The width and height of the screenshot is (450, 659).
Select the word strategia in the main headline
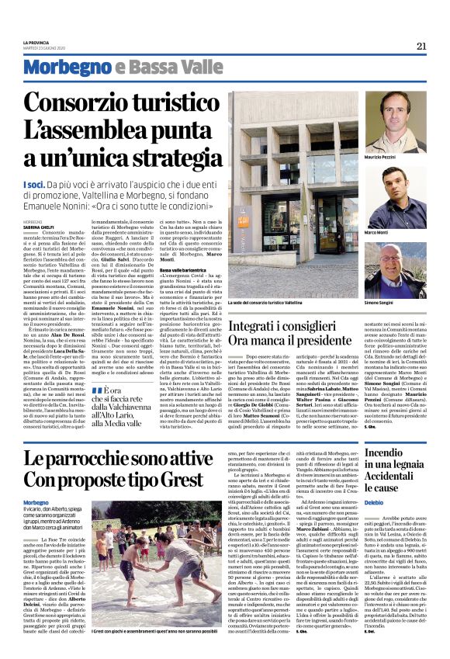pos(149,159)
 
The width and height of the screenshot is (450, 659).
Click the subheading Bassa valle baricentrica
pos(183,269)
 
